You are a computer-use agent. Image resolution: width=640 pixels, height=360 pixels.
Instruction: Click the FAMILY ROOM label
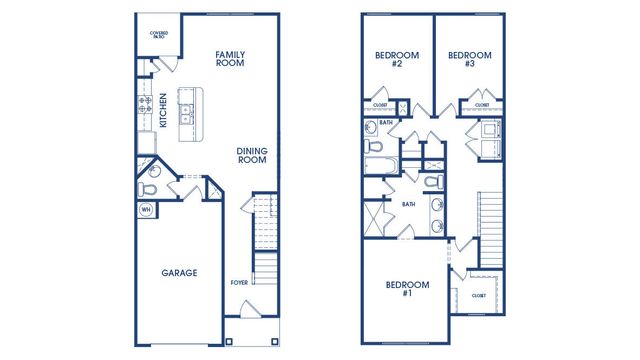230,58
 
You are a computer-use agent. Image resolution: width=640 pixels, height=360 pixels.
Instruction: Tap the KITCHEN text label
163,110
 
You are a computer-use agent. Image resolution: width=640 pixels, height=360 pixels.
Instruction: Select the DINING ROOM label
251,156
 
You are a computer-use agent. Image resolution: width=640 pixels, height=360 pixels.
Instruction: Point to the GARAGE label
180,272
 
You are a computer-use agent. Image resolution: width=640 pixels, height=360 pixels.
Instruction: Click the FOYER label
239,283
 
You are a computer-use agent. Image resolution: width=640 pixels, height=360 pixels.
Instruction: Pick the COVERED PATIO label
159,36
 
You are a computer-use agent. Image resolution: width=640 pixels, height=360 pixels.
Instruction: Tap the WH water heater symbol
145,210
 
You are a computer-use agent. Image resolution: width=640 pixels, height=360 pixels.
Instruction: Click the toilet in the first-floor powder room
150,187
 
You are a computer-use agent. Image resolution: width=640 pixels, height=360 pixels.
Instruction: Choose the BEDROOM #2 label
390,59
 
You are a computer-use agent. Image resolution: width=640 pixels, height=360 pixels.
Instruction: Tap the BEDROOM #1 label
407,290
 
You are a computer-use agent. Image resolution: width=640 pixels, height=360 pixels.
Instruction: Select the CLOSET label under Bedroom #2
380,104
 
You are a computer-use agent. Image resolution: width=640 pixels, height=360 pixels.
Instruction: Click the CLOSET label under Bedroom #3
482,104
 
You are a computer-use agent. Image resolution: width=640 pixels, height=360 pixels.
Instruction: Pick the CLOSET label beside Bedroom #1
479,295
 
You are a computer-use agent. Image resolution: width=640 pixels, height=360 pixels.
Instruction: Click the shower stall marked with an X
377,216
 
